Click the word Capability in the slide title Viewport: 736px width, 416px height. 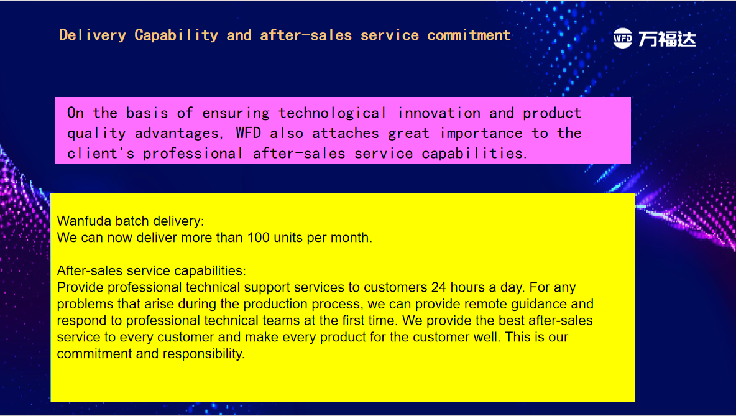click(176, 35)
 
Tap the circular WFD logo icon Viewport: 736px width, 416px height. click(623, 38)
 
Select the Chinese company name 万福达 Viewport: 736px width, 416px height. click(667, 39)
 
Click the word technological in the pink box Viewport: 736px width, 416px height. click(333, 113)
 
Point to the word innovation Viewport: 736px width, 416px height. click(438, 113)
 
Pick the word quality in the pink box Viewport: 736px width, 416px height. click(96, 133)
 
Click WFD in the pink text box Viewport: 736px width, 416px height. click(248, 133)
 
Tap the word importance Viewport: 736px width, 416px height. click(481, 133)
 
